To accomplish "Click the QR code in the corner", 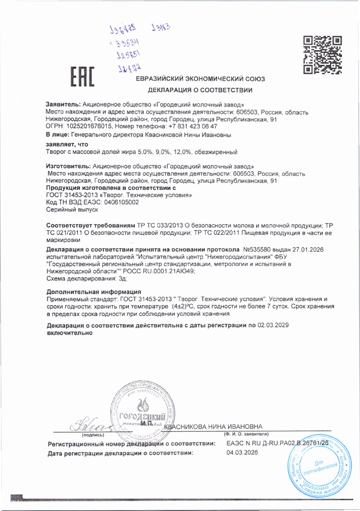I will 322,55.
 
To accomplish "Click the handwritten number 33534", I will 128,43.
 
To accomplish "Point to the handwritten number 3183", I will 161,28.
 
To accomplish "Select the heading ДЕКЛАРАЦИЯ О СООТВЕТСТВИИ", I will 200,90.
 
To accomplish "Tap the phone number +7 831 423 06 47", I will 192,126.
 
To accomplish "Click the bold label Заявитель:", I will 63,105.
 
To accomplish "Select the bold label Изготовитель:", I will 68,166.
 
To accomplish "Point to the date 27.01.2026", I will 308,250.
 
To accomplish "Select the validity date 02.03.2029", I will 273,325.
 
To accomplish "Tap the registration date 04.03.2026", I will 242,452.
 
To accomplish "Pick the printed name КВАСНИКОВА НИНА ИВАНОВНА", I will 213,427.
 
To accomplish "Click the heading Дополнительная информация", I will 94,292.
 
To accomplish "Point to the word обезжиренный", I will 216,152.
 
